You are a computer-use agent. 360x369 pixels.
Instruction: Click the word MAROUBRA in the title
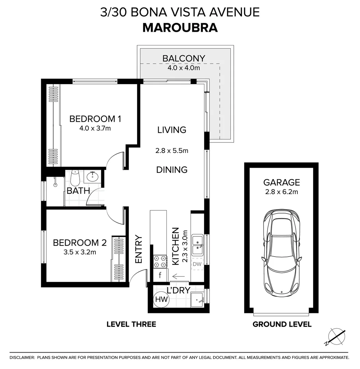[180, 27]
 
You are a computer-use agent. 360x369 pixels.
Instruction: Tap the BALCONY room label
[184, 58]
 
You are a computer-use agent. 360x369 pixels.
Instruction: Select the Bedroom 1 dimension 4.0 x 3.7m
[95, 128]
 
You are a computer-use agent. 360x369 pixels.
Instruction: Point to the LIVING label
[172, 130]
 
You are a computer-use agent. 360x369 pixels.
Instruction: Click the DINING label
[172, 169]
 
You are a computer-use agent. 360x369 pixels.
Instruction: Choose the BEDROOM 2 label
[80, 243]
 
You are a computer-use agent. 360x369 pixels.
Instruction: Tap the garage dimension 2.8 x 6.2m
[281, 192]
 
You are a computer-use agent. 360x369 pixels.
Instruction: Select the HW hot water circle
[161, 300]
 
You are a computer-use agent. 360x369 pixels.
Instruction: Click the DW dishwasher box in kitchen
[197, 264]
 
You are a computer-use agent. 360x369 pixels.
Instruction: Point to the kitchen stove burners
[160, 262]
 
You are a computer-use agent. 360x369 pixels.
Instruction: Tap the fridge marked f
[160, 275]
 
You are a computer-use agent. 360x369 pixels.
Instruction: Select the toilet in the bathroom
[75, 178]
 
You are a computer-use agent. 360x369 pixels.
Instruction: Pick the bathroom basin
[92, 177]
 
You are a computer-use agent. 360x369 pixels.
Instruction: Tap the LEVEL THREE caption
[131, 324]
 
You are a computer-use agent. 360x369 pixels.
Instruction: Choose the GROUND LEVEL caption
[282, 324]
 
